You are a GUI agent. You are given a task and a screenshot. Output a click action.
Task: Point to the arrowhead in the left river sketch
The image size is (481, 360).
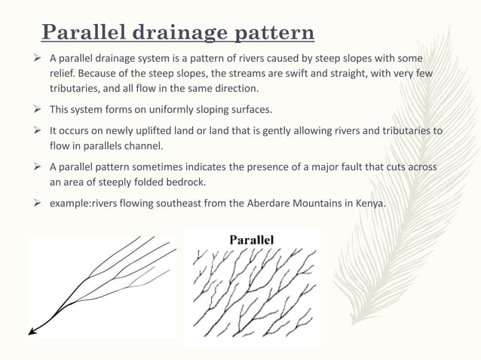pyautogui.click(x=32, y=331)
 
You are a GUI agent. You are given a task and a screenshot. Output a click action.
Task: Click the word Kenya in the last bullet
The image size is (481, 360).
pyautogui.click(x=367, y=201)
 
